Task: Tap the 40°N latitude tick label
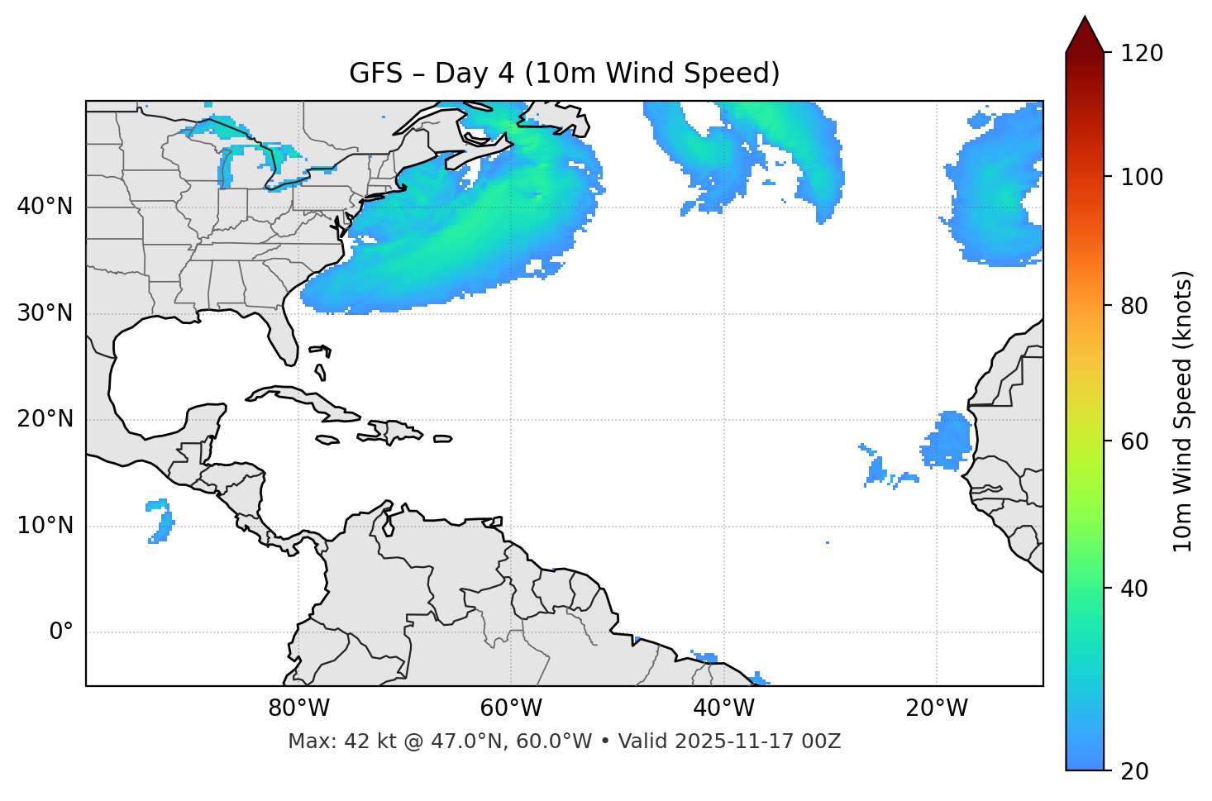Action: click(x=45, y=207)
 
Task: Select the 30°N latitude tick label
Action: click(x=45, y=313)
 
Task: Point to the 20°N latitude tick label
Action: click(x=45, y=419)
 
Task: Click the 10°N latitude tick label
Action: click(x=45, y=526)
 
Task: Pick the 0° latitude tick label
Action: click(x=61, y=632)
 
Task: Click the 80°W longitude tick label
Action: click(x=298, y=708)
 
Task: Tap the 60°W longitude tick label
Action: click(x=511, y=708)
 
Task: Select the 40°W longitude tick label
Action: click(x=723, y=708)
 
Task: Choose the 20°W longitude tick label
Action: click(x=936, y=708)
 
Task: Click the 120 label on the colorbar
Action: click(x=1141, y=54)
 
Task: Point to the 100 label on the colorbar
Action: click(x=1141, y=177)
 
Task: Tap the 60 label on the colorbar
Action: click(x=1134, y=441)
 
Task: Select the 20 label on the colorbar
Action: click(x=1134, y=771)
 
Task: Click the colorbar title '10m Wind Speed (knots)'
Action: click(x=1183, y=411)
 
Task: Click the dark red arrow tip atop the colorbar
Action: click(x=1085, y=33)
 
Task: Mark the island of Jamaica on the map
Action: click(x=327, y=440)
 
